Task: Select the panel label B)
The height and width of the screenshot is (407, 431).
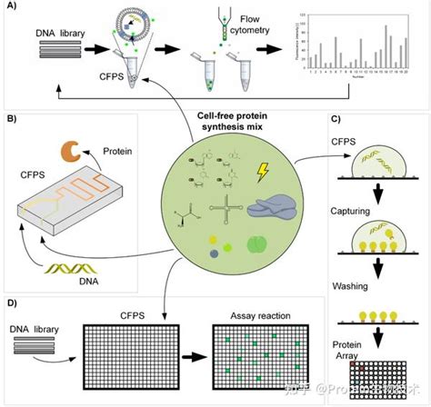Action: pos(12,118)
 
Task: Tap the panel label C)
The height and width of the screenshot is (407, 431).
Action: pos(336,119)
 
